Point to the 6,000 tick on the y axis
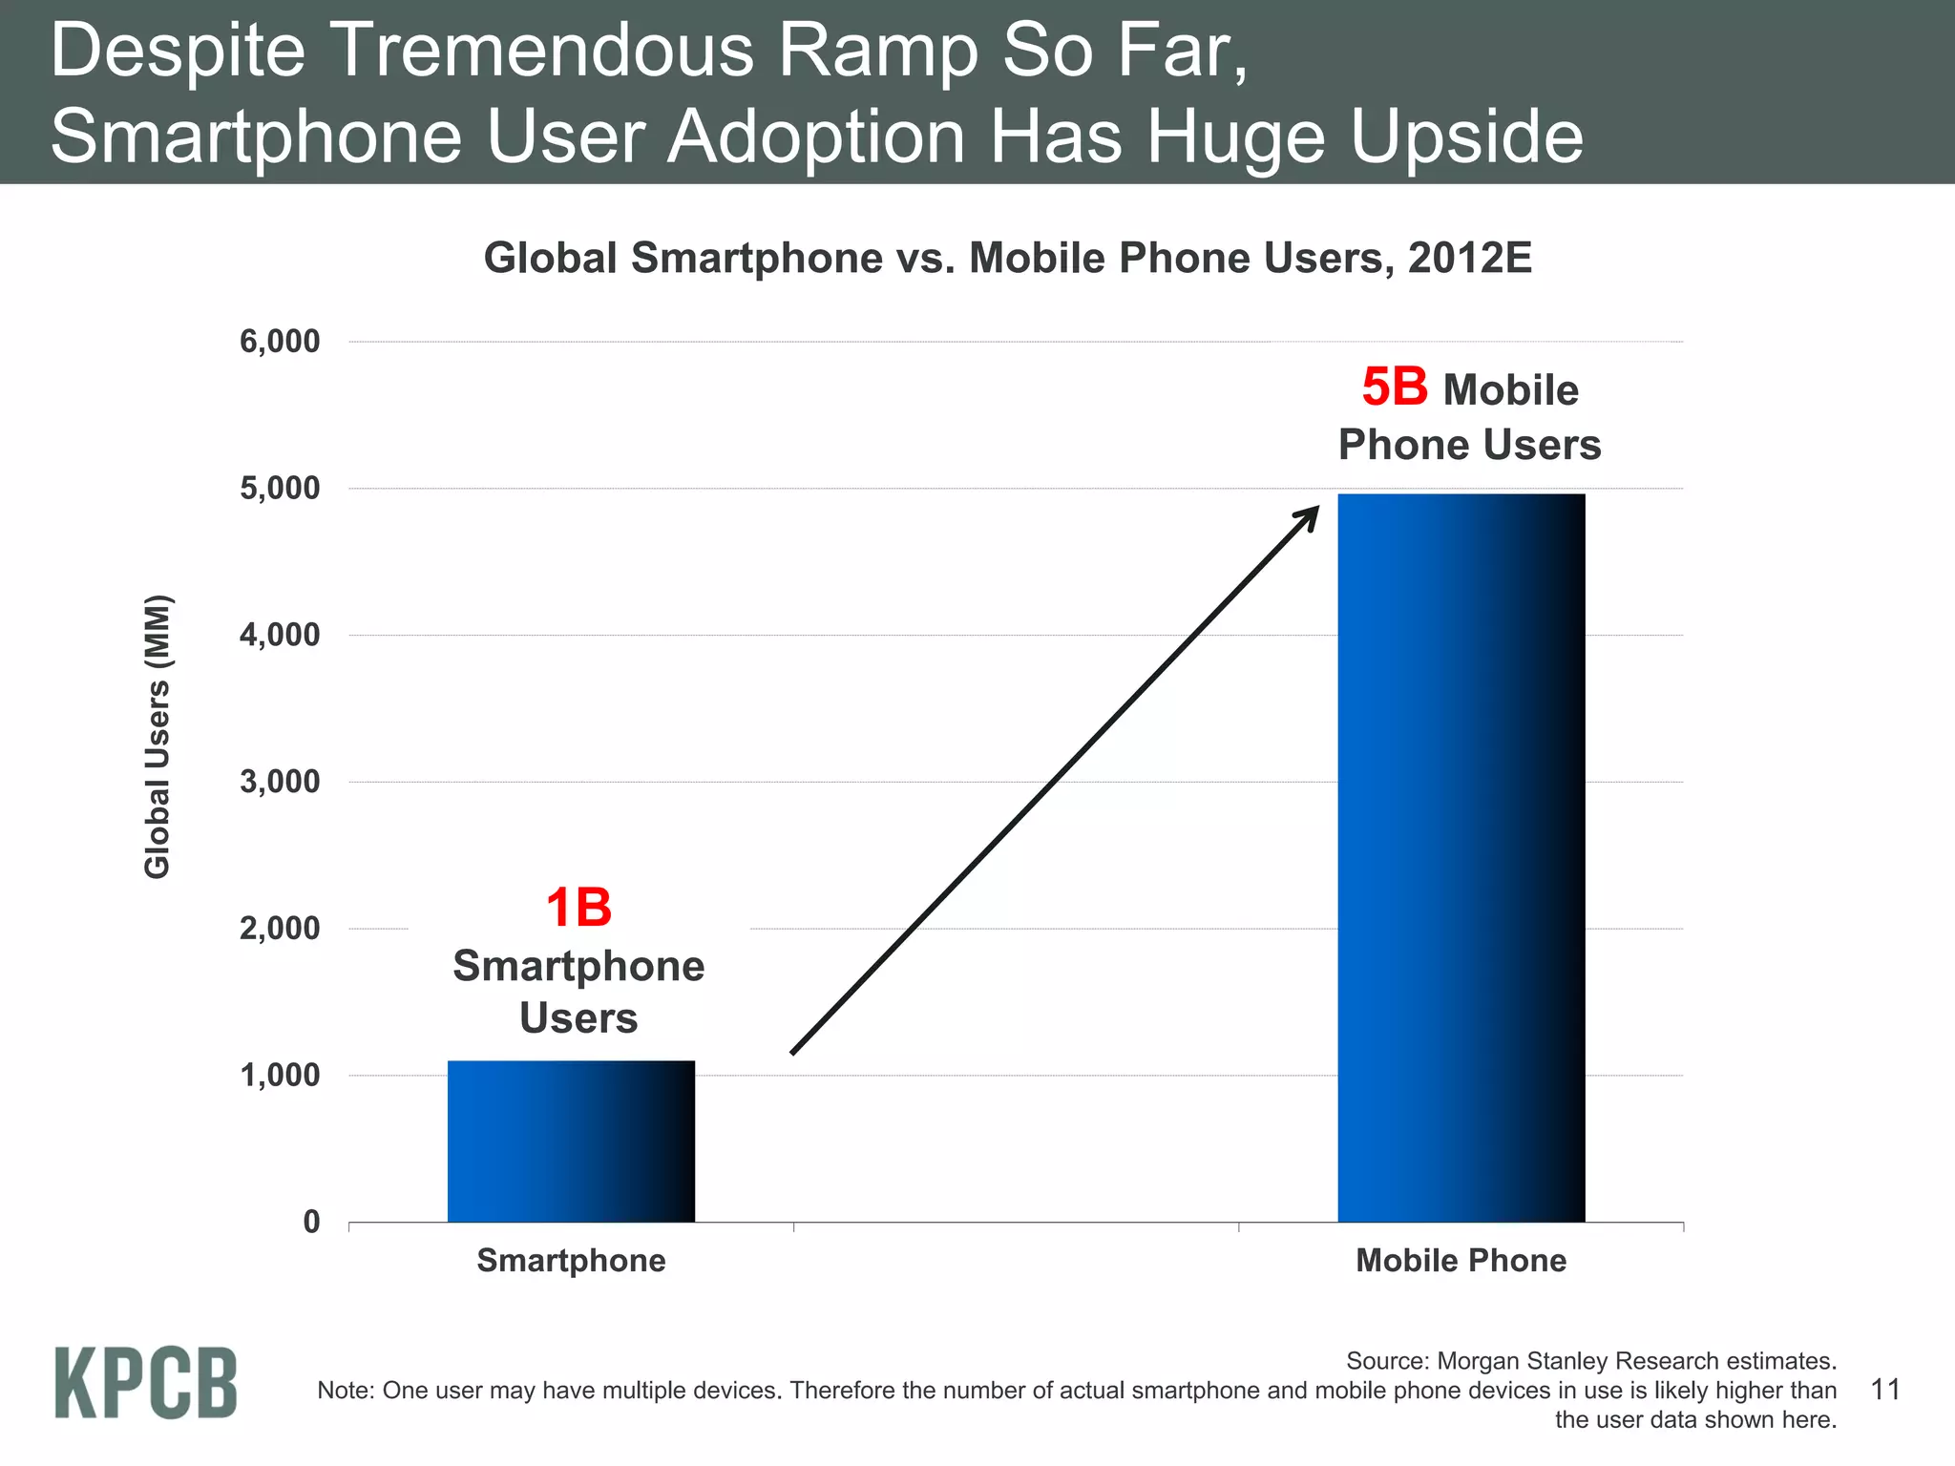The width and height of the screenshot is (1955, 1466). click(280, 342)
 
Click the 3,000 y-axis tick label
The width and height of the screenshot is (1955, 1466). click(280, 782)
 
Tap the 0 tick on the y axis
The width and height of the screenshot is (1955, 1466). click(311, 1222)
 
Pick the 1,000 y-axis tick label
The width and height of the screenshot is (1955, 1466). click(280, 1076)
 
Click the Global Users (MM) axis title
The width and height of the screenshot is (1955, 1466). click(158, 736)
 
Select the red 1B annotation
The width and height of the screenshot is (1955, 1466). click(578, 908)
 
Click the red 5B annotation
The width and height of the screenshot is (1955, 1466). click(1394, 387)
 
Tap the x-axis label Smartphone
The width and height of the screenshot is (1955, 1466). click(571, 1261)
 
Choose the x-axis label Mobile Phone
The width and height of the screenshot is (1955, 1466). click(1461, 1261)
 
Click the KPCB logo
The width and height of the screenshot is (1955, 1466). click(145, 1382)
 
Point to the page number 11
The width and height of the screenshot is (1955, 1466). click(1885, 1389)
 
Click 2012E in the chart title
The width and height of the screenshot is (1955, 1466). click(1469, 258)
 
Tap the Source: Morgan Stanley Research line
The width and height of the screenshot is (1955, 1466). click(1590, 1360)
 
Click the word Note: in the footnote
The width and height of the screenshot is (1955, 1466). click(346, 1390)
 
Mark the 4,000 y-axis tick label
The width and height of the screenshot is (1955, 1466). click(280, 635)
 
